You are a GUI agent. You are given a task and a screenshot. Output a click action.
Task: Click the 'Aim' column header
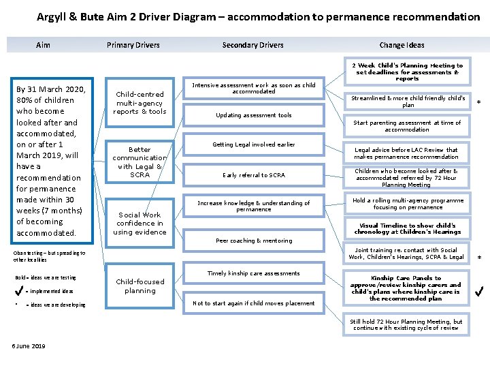coord(43,45)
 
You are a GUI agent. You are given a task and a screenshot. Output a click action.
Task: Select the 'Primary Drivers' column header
coord(133,45)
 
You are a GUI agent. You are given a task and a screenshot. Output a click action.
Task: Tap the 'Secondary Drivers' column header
coord(252,45)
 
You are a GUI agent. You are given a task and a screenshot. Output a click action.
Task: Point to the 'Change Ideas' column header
coord(402,45)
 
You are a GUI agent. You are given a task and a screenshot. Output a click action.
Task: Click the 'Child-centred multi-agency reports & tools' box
coord(140,103)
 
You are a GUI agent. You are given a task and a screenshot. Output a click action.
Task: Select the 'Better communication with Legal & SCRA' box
coord(140,162)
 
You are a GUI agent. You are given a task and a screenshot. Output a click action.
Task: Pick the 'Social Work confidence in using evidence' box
coord(140,224)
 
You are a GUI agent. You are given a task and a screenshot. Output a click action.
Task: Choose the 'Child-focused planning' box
coord(140,286)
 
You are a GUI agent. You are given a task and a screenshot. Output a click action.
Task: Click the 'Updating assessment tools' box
coord(254,115)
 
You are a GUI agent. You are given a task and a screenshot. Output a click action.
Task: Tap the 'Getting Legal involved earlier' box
coord(254,144)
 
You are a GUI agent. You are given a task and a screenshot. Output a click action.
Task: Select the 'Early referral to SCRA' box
coord(254,175)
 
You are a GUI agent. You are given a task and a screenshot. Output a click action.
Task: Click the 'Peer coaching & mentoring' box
coord(254,241)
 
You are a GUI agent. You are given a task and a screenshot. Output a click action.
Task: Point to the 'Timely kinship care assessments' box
coord(254,273)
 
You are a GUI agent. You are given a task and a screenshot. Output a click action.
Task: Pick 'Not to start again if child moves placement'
coord(254,303)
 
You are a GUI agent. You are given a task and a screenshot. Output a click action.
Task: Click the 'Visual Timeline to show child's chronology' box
coord(407,228)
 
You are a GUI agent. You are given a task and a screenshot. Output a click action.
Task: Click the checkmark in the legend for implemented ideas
coord(20,291)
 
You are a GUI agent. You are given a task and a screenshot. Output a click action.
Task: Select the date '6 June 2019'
coord(29,346)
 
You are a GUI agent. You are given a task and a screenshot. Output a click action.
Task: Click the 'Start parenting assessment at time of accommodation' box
coord(407,126)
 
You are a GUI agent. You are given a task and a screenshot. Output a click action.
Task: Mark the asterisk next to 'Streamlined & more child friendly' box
coord(478,102)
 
